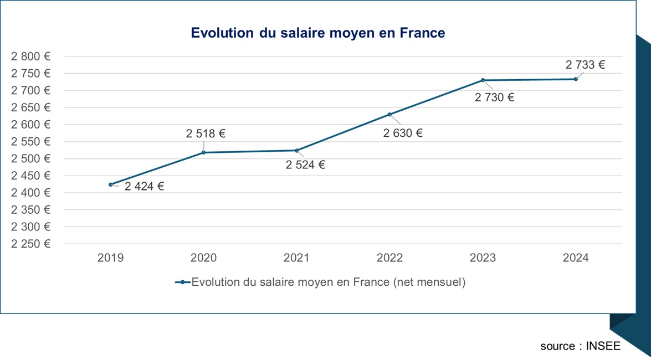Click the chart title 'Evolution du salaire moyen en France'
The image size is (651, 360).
tap(317, 33)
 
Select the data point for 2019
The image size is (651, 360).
tap(111, 184)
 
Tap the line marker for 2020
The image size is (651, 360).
tap(204, 152)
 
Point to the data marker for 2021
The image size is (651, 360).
tap(297, 151)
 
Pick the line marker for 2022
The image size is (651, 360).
tap(390, 115)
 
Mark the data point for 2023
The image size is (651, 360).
tap(483, 80)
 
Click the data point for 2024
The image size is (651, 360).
tap(576, 79)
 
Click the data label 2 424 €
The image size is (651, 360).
tap(144, 187)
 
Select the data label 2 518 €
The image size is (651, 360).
tap(206, 133)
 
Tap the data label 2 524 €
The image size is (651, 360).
tap(305, 165)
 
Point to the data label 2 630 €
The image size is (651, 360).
tap(403, 133)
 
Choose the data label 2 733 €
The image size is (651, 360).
tap(585, 65)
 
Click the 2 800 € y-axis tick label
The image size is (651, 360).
tap(30, 56)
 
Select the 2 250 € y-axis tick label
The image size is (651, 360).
tap(30, 244)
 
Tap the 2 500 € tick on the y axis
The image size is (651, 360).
tap(30, 158)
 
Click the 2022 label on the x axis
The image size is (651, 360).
tap(389, 258)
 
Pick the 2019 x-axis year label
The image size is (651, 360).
tap(110, 258)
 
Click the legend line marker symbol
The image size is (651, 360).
tap(182, 282)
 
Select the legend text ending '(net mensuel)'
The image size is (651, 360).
tap(328, 282)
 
